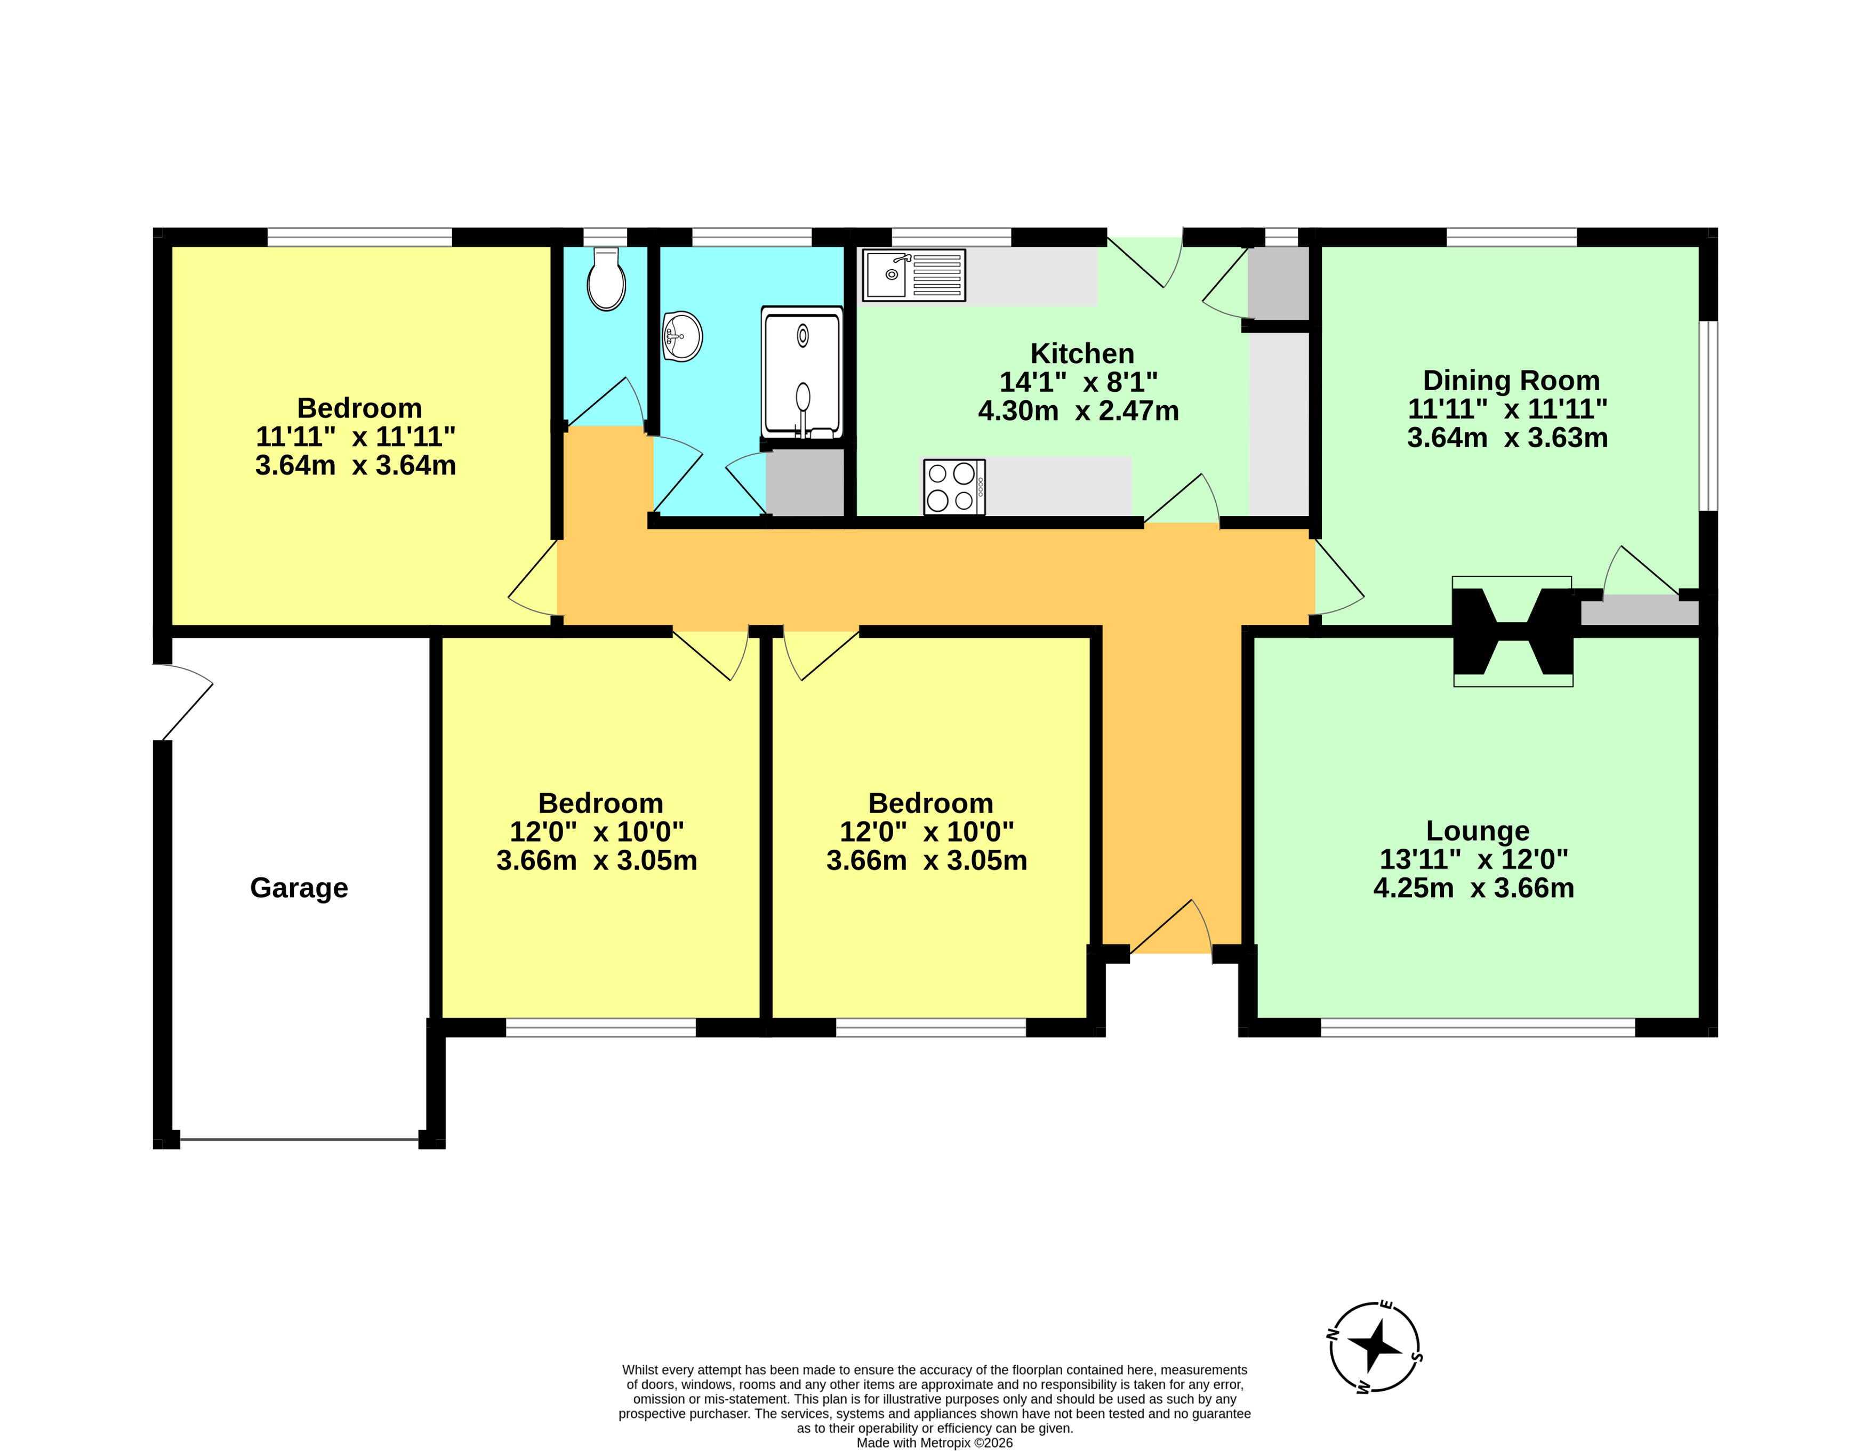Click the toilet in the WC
(606, 279)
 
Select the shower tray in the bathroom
(802, 373)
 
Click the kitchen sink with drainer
(913, 275)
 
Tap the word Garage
(299, 888)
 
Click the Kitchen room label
(1082, 353)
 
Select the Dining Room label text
(1511, 380)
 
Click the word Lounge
(1478, 831)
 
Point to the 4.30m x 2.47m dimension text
(1079, 411)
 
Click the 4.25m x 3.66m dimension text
(1474, 888)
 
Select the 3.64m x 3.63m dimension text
(1508, 438)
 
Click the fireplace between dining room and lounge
(1513, 631)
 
